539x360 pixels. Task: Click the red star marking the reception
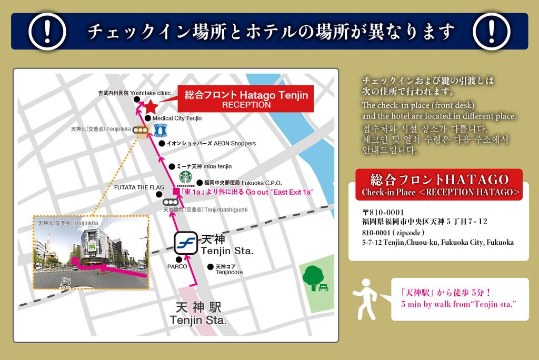(151, 106)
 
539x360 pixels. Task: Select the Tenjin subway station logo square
(186, 243)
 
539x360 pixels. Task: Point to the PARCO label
(177, 266)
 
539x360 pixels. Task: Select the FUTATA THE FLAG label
(139, 187)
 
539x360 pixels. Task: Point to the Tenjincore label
(229, 269)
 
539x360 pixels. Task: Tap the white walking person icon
(366, 298)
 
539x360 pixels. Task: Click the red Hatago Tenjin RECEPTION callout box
(246, 99)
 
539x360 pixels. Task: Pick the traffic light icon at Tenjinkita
(139, 130)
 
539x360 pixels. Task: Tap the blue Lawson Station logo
(160, 130)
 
